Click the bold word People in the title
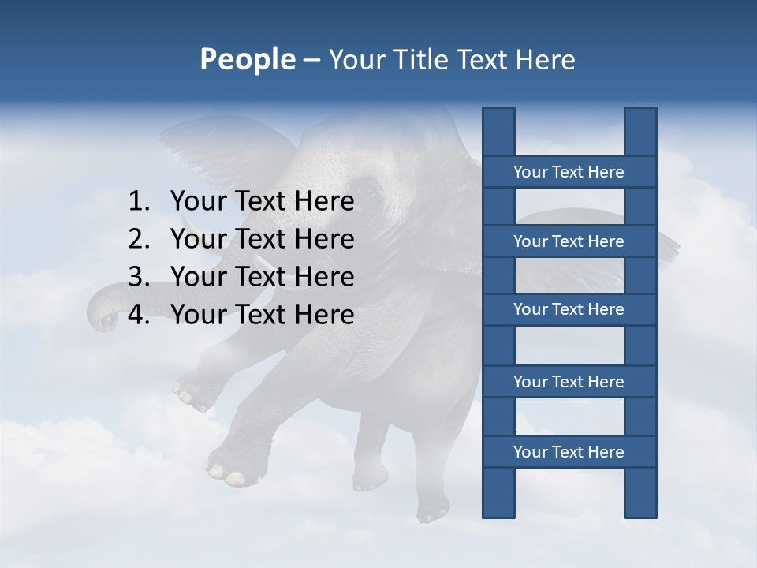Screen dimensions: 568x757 pyautogui.click(x=247, y=59)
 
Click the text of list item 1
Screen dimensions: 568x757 pyautogui.click(x=262, y=202)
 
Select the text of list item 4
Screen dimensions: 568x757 pyautogui.click(x=262, y=315)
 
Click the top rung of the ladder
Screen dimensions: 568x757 pyautogui.click(x=569, y=172)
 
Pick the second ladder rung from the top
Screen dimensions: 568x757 pyautogui.click(x=569, y=241)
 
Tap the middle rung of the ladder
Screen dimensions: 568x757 pyautogui.click(x=569, y=309)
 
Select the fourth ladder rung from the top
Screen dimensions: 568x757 pyautogui.click(x=569, y=382)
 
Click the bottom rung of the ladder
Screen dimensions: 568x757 pyautogui.click(x=569, y=452)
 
